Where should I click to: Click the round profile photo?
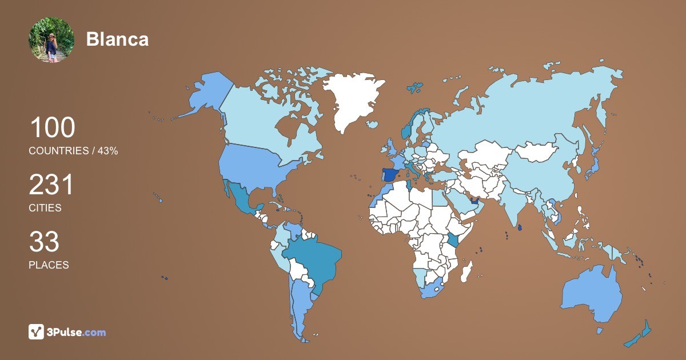[x=51, y=39]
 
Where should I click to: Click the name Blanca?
[x=117, y=39]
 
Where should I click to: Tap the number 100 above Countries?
[x=52, y=127]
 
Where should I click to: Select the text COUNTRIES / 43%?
[x=73, y=151]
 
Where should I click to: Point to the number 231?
[x=52, y=185]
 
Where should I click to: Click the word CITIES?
[x=45, y=208]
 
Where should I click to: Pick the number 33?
[x=44, y=242]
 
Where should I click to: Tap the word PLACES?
[x=49, y=265]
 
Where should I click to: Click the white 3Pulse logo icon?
[x=37, y=331]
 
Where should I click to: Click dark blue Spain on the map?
[x=390, y=174]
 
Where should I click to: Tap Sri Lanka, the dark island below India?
[x=520, y=227]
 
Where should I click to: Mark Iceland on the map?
[x=372, y=124]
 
